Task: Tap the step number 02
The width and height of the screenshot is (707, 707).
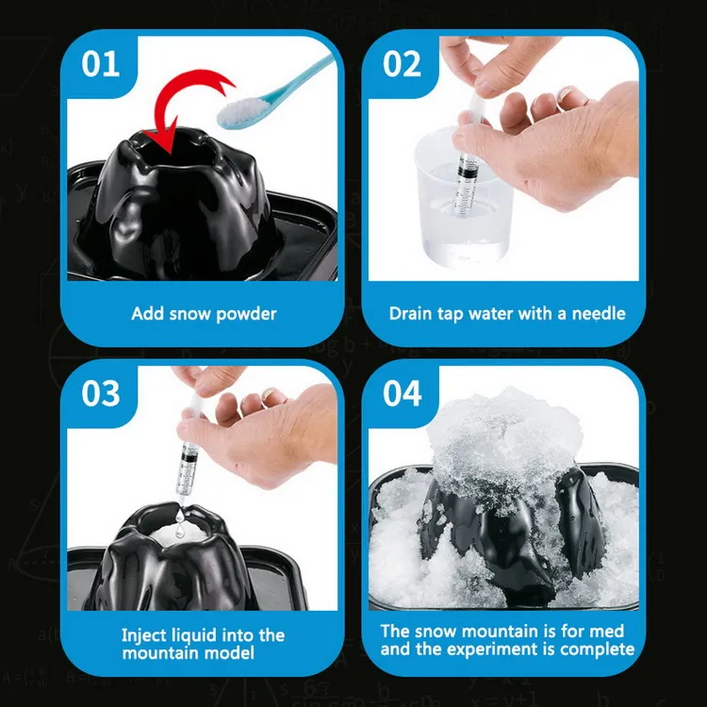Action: [403, 64]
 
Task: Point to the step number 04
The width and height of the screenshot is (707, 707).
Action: [403, 393]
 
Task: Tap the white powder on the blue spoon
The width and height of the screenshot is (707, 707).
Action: [240, 110]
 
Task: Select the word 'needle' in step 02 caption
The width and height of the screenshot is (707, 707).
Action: [596, 313]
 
